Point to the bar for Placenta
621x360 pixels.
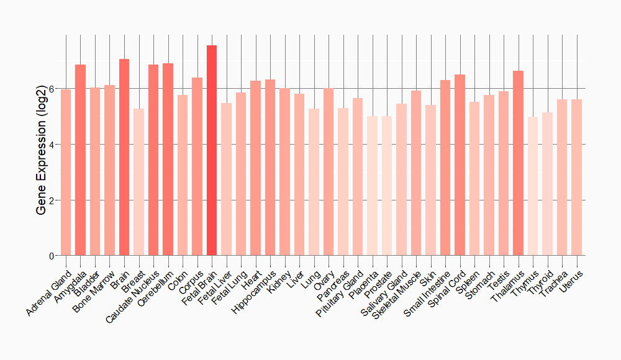coord(372,186)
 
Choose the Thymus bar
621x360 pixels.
coord(533,186)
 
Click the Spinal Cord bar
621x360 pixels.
coord(460,165)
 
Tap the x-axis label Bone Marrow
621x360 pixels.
coord(93,290)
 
